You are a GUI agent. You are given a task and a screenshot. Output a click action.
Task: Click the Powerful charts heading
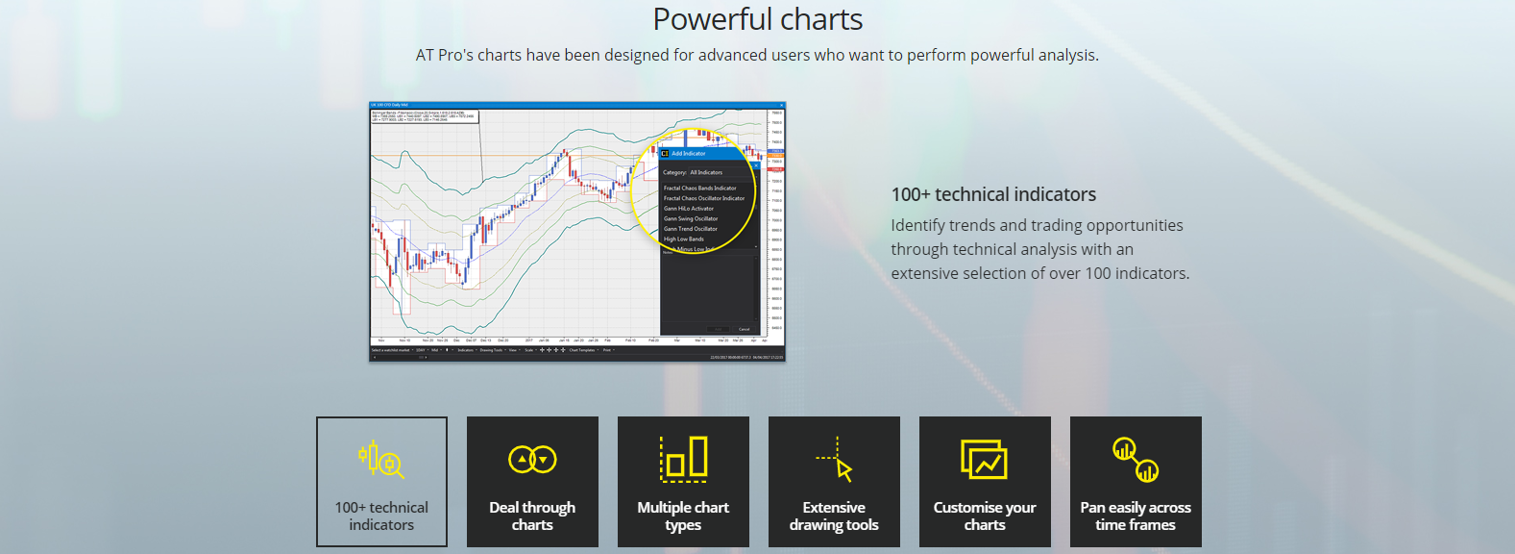pos(757,19)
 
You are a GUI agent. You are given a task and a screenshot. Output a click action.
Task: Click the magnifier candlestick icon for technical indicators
pos(381,460)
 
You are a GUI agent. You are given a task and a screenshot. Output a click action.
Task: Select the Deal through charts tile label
pos(532,516)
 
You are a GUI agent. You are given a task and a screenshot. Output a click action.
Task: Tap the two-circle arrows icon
pos(532,460)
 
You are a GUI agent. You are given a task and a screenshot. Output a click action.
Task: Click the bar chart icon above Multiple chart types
pos(684,458)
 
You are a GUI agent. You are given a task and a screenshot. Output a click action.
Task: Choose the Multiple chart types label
pos(683,516)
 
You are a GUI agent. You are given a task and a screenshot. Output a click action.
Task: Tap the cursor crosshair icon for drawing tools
pos(835,459)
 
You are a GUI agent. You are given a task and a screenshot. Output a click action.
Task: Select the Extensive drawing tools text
pos(834,516)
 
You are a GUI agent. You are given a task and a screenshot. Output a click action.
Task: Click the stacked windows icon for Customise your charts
pos(984,459)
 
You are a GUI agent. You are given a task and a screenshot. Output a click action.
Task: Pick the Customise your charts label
pos(985,516)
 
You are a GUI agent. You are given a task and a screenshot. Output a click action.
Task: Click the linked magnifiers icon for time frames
pos(1136,460)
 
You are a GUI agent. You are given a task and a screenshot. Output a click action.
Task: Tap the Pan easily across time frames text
pos(1136,516)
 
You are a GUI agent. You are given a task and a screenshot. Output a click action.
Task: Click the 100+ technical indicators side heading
pos(993,194)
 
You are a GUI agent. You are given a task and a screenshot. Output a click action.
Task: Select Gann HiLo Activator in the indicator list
pos(689,209)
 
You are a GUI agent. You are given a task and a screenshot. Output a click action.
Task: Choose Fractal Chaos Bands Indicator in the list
pos(700,189)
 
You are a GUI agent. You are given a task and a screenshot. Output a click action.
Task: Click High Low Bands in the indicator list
pos(684,239)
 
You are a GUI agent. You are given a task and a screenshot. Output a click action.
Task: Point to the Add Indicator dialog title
pos(688,153)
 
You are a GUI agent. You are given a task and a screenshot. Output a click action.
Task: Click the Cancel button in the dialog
pos(744,329)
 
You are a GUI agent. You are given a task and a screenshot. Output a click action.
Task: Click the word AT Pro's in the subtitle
pos(445,55)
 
